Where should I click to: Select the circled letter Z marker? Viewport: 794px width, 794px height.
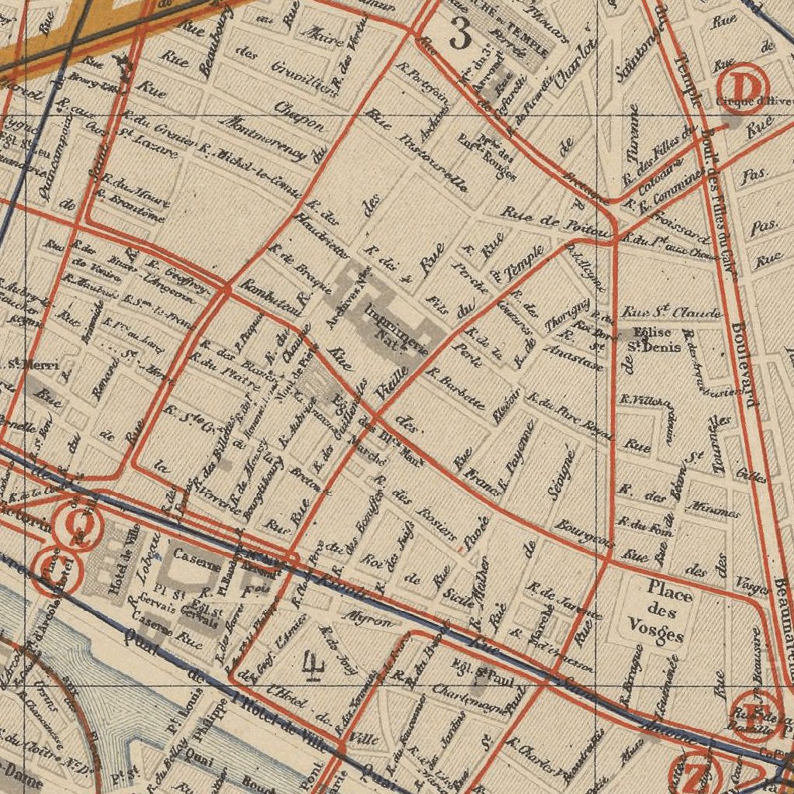pos(695,772)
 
